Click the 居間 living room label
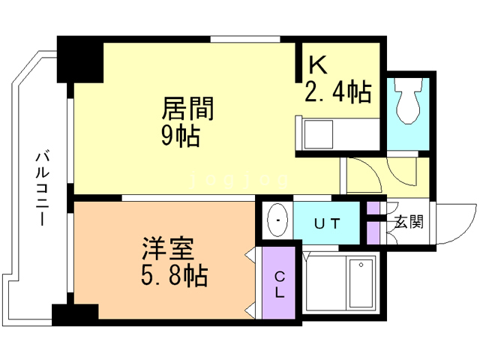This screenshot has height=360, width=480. coord(188,110)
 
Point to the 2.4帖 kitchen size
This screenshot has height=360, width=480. coord(337,92)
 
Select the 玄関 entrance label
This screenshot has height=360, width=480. coord(409,222)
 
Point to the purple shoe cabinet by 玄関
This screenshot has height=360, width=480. coord(373,223)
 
